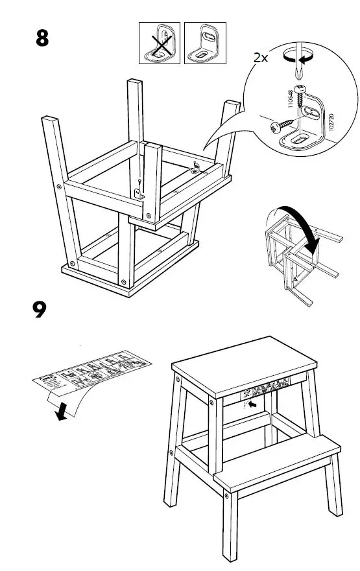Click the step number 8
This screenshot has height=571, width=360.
pos(42,38)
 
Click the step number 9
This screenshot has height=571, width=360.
pos(40,309)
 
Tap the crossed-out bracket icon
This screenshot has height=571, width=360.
pos(160,43)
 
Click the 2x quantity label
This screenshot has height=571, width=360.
pos(261,58)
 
